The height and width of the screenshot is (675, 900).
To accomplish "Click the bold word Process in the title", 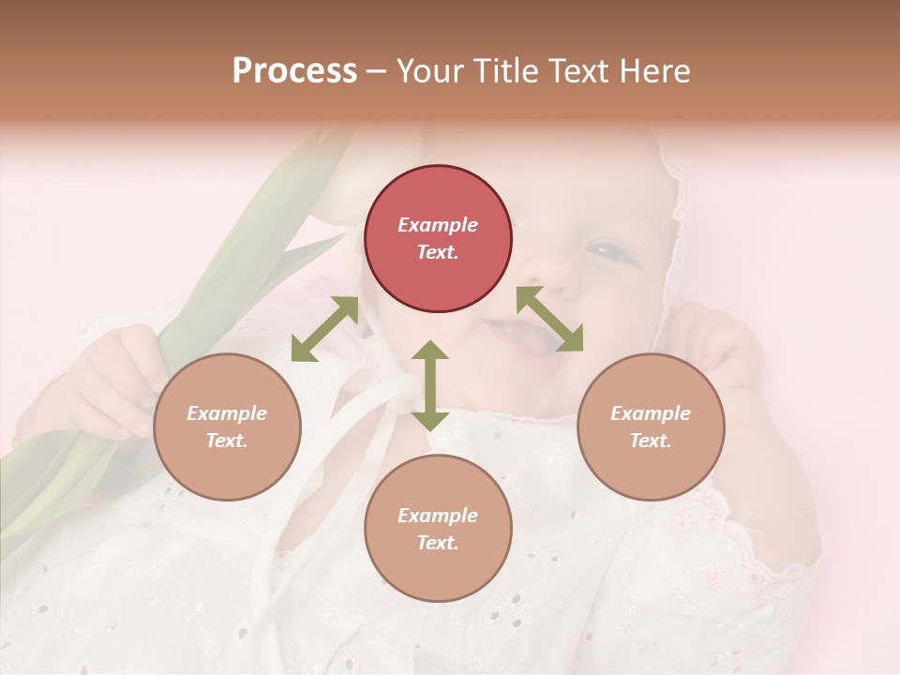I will click(294, 71).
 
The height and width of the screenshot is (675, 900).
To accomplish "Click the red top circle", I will click(438, 239).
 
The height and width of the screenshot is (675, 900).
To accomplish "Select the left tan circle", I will click(227, 427).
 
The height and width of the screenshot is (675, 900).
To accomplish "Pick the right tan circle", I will click(650, 427).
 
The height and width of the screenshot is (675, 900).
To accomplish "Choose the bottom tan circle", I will click(438, 528).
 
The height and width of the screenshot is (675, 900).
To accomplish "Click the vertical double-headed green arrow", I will click(430, 385).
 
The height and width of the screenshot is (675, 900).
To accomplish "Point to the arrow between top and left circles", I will click(324, 328).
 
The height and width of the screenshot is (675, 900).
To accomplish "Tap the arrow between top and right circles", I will click(549, 319).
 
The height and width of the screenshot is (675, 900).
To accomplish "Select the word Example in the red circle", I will click(438, 225).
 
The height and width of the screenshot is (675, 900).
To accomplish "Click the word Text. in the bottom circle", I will click(438, 543).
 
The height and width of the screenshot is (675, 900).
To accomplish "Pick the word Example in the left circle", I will click(227, 413).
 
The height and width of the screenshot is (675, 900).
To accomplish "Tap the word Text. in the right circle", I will click(650, 441).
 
